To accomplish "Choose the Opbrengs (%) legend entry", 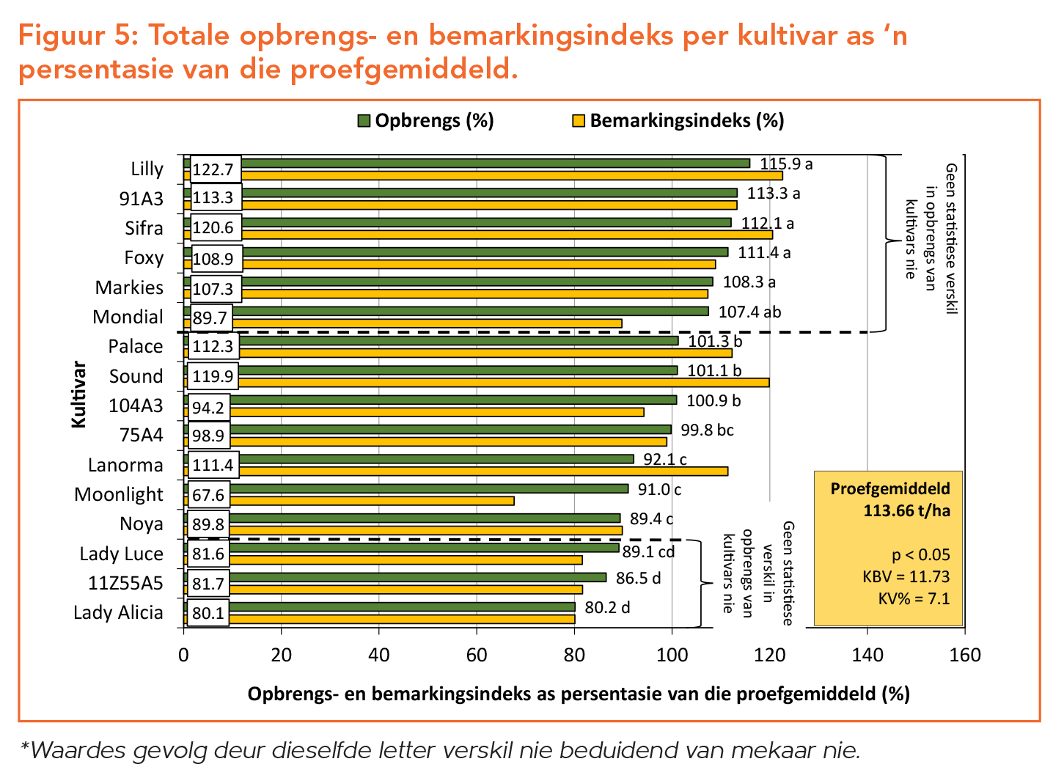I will [426, 121].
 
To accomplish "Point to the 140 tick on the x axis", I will [867, 655].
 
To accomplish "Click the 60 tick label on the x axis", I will [476, 655].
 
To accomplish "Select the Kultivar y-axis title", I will [78, 394].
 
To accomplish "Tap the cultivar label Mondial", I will [128, 317].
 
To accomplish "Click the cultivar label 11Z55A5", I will [125, 583].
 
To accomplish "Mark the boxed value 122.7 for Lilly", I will [213, 169].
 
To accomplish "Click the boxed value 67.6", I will [208, 495].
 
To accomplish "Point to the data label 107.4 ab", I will [749, 312].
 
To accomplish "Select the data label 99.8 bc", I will [707, 430].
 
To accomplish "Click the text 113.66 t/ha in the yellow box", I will [907, 511].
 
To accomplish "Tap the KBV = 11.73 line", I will [906, 576].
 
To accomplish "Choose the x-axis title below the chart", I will [578, 694].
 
